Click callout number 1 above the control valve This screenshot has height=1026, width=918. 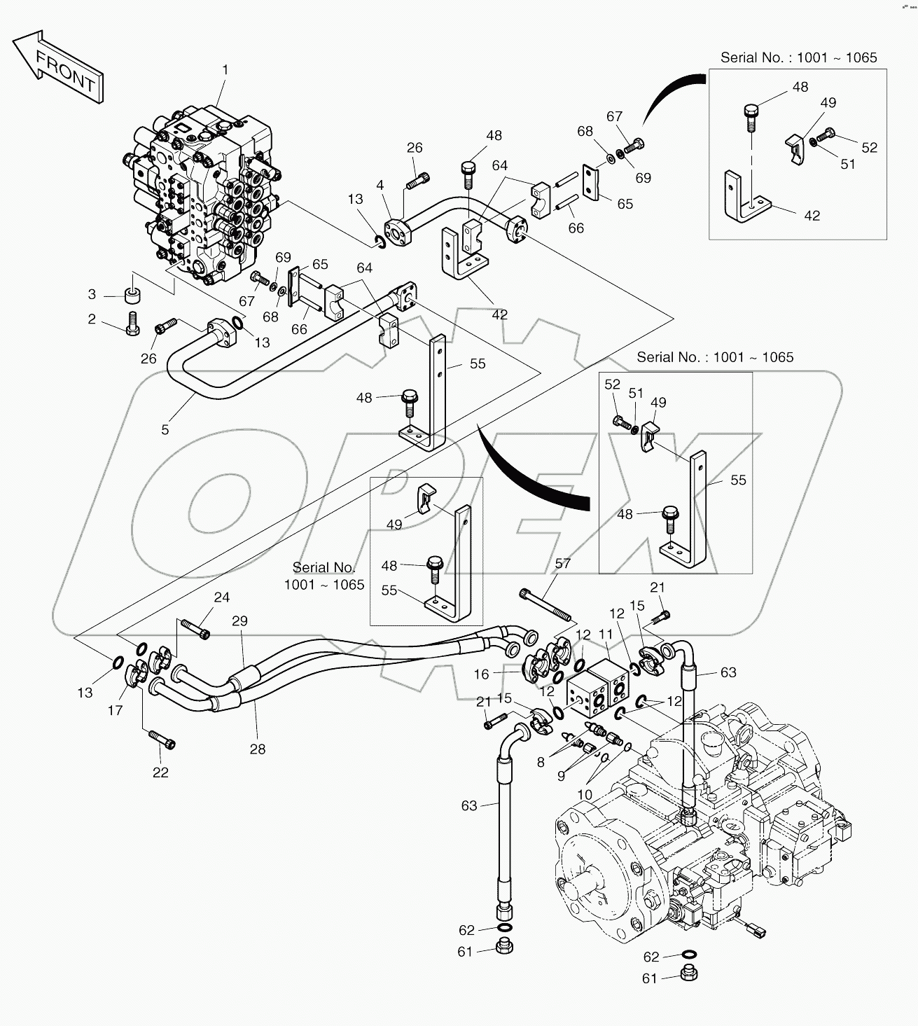click(x=225, y=69)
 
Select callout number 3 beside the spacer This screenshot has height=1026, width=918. click(x=92, y=293)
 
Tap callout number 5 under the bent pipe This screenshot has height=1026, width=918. click(x=165, y=429)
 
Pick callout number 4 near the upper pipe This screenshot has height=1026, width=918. click(x=380, y=186)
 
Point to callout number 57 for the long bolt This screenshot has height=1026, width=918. click(x=563, y=562)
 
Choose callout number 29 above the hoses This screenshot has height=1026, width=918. click(x=239, y=621)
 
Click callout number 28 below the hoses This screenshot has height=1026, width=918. click(x=258, y=749)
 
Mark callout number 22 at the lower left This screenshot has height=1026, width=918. click(x=160, y=772)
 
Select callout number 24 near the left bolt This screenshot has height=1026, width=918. click(x=221, y=597)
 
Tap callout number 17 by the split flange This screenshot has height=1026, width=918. click(x=115, y=710)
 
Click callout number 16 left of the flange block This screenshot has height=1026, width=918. click(x=481, y=674)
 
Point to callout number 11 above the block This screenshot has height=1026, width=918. click(x=605, y=635)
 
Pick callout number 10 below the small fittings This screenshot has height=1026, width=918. click(x=585, y=795)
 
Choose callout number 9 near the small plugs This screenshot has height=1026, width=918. click(x=561, y=776)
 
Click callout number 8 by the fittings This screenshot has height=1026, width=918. click(x=541, y=762)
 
